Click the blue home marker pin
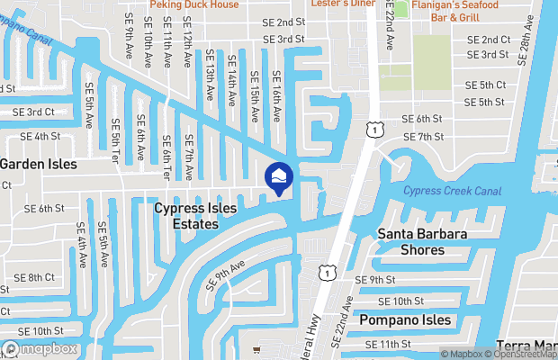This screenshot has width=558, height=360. coord(278,177)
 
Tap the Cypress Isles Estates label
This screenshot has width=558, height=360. coord(195,215)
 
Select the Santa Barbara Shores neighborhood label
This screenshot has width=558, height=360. coord(422,242)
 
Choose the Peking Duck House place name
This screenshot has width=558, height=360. coord(194,4)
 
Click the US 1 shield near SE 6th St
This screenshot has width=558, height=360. coord(372,131)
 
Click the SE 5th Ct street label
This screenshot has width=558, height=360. coord(485,85)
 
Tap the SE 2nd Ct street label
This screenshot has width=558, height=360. coord(489,40)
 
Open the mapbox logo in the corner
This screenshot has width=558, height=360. coord(40,348)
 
